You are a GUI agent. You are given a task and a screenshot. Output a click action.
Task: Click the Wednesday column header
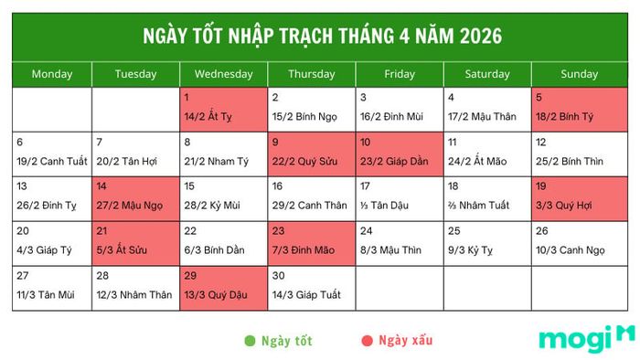[224, 74]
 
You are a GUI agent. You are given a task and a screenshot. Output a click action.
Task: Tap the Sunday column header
[578, 74]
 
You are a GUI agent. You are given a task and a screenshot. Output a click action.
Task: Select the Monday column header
[52, 74]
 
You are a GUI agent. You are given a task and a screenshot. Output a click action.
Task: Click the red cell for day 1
[224, 110]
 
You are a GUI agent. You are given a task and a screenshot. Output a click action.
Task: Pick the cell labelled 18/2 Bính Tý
[578, 110]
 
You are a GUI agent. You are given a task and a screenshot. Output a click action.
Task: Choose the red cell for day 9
[312, 154]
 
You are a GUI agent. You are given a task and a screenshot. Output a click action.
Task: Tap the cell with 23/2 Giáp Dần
[400, 154]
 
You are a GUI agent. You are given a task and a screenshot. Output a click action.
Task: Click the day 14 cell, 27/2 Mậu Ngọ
[135, 197]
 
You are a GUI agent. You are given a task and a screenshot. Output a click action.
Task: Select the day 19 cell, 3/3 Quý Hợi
[578, 197]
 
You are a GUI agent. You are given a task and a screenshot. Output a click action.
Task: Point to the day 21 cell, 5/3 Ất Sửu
[135, 242]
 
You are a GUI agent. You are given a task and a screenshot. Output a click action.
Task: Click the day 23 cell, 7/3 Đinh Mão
[312, 242]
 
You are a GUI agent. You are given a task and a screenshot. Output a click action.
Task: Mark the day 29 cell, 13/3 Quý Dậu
[224, 286]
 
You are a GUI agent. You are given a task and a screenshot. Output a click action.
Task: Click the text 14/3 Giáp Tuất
[305, 294]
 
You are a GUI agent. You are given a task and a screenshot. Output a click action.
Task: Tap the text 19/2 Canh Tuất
[52, 162]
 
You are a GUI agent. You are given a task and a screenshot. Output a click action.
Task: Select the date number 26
[542, 231]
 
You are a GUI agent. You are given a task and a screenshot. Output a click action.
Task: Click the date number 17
[366, 187]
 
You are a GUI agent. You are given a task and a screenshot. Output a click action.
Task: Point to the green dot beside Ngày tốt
[250, 342]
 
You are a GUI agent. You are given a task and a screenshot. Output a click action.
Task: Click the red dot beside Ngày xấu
[368, 342]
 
